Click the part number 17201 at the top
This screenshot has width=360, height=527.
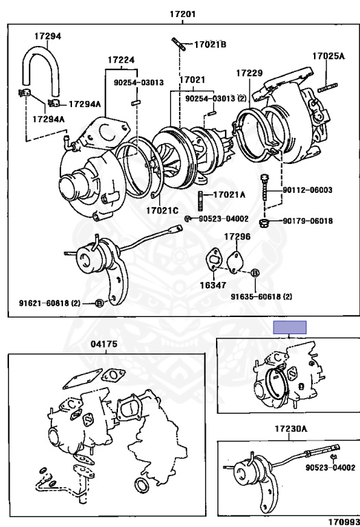pyautogui.click(x=182, y=14)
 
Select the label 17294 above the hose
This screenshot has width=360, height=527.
pyautogui.click(x=48, y=36)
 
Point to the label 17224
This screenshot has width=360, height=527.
pyautogui.click(x=121, y=60)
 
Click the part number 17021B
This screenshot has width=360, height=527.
pyautogui.click(x=211, y=45)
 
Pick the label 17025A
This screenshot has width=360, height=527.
pyautogui.click(x=328, y=56)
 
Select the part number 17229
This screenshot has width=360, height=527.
pyautogui.click(x=249, y=73)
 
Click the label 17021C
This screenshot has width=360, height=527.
pyautogui.click(x=163, y=211)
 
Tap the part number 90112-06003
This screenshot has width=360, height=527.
pyautogui.click(x=308, y=190)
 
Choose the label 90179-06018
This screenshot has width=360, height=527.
pyautogui.click(x=308, y=221)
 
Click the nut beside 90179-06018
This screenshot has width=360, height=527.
pyautogui.click(x=264, y=222)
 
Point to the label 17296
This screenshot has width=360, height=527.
pyautogui.click(x=237, y=237)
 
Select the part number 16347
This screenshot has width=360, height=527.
pyautogui.click(x=213, y=285)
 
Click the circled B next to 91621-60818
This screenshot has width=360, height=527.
pyautogui.click(x=99, y=303)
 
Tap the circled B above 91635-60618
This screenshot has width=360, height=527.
pyautogui.click(x=255, y=273)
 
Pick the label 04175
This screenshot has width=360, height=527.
pyautogui.click(x=104, y=344)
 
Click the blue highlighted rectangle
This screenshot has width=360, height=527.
pyautogui.click(x=289, y=327)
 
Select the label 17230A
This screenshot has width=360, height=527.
pyautogui.click(x=291, y=428)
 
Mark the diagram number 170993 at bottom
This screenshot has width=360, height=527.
pyautogui.click(x=344, y=522)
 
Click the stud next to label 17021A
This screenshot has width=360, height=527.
pyautogui.click(x=201, y=200)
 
